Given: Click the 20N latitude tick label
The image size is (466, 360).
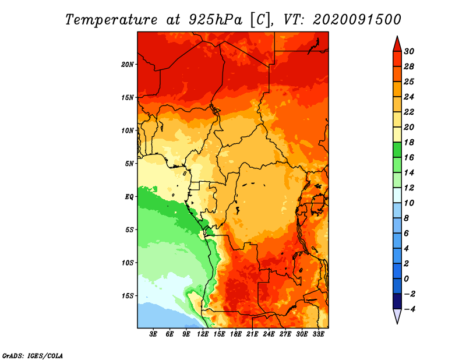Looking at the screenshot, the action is click(128, 65).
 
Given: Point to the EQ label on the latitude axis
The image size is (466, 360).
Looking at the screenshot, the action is click(129, 197).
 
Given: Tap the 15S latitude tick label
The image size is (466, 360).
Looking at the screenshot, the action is click(128, 296).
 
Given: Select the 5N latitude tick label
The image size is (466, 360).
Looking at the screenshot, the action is click(129, 164).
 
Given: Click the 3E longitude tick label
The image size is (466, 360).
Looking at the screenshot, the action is click(153, 334).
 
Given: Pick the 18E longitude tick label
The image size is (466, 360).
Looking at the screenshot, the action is click(236, 334).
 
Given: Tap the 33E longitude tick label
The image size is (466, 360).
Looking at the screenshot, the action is click(318, 334).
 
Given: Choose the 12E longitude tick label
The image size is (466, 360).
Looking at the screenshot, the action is click(203, 334).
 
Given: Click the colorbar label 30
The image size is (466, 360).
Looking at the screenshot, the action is click(409, 51).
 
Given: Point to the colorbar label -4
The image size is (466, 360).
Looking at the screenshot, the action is click(409, 309).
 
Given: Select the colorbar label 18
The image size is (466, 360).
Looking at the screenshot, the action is click(409, 142).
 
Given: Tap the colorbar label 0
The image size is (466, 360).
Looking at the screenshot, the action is click(406, 279).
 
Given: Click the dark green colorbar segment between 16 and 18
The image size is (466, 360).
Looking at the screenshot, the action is click(397, 150).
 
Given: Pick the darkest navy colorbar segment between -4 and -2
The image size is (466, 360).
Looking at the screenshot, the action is click(397, 301).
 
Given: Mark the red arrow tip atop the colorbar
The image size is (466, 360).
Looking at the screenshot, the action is click(397, 36).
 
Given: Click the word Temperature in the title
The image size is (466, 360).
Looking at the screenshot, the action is click(111, 20).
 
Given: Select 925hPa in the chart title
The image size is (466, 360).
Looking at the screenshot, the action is click(216, 20).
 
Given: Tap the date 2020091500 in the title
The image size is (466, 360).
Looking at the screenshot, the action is click(357, 20).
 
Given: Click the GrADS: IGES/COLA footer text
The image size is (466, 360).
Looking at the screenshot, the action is click(33, 356).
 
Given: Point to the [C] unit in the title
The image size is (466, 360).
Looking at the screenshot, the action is click(260, 20).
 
